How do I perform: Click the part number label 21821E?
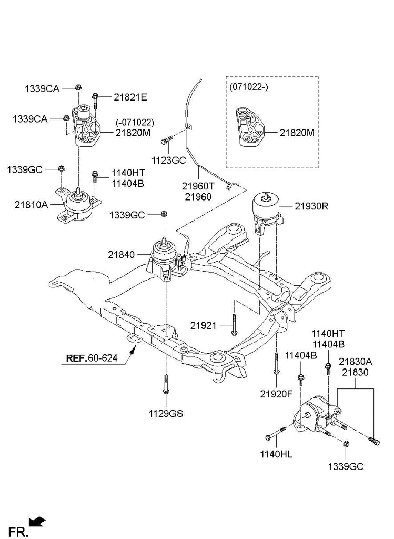pyautogui.click(x=130, y=97)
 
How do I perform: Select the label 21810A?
pyautogui.click(x=31, y=205)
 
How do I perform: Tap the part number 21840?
pyautogui.click(x=122, y=255)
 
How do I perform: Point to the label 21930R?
pyautogui.click(x=311, y=206)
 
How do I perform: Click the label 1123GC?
pyautogui.click(x=169, y=160)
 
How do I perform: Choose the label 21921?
pyautogui.click(x=204, y=325)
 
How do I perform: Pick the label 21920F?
pyautogui.click(x=276, y=394)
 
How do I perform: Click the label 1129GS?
pyautogui.click(x=166, y=414)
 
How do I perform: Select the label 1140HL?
pyautogui.click(x=276, y=454)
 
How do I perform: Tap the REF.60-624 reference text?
pyautogui.click(x=92, y=358)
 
